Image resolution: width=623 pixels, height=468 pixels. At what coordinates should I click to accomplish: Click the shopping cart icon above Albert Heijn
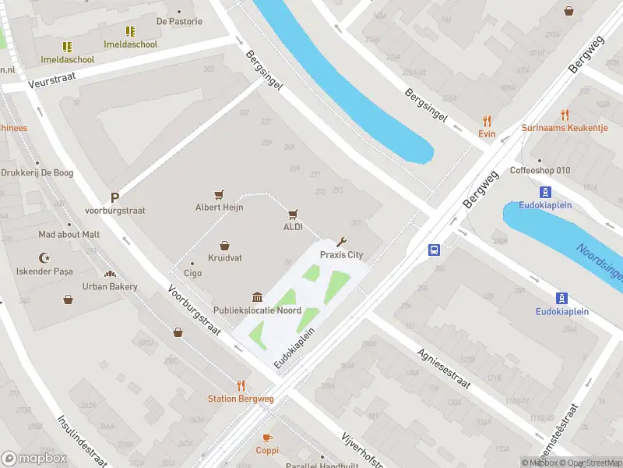220,194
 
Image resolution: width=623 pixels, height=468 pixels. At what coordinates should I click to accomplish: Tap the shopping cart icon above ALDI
293,214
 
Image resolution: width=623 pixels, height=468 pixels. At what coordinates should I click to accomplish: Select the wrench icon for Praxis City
341,242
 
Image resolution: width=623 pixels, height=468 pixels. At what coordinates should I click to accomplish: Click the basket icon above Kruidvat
224,245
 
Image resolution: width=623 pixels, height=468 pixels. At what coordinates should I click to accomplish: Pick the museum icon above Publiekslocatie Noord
257,297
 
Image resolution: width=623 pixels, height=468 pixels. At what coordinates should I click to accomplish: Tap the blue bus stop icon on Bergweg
434,250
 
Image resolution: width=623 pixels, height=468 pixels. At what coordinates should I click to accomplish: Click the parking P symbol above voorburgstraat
115,198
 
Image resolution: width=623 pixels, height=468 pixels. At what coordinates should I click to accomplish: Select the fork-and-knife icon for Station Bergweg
241,385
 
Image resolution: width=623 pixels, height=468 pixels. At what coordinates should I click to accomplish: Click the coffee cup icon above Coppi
267,438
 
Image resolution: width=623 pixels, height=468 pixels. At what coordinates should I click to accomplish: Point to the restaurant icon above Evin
487,121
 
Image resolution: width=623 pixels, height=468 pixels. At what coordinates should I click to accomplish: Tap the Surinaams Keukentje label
565,127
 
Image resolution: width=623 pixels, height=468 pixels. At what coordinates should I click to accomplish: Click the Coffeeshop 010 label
540,171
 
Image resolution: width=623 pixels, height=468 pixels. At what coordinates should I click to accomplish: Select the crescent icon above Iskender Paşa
44,258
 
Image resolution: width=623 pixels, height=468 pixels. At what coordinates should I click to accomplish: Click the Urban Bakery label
111,286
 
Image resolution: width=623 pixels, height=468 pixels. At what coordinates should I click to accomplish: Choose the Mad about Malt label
69,234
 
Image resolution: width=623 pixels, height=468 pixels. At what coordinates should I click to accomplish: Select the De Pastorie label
179,22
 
